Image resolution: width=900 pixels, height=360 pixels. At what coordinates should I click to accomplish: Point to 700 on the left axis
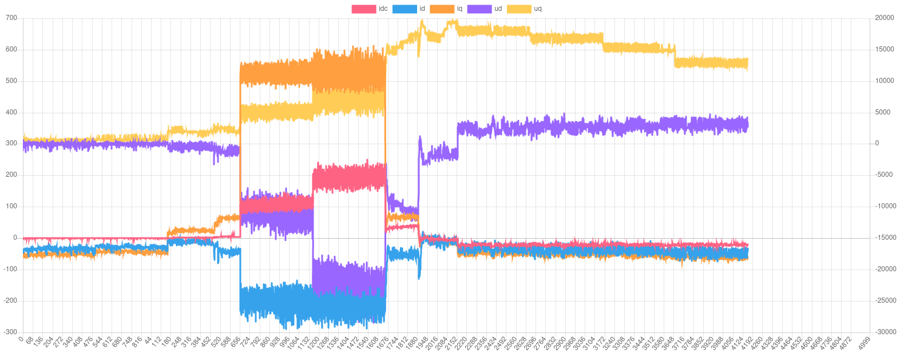[x=11, y=18]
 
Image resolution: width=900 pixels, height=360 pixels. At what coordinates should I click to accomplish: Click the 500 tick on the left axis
[x=11, y=81]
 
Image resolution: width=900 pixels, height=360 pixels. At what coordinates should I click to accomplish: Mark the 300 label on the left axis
[x=11, y=143]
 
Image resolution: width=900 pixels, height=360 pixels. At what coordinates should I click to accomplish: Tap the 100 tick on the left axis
[x=11, y=206]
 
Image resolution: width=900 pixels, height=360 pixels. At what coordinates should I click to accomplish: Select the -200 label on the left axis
[x=10, y=300]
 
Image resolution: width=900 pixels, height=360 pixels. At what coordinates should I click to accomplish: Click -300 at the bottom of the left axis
[x=10, y=332]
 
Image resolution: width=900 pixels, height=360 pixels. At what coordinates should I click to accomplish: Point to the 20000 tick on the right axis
[x=885, y=18]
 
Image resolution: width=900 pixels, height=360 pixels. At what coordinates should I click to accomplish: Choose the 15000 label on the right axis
[x=885, y=49]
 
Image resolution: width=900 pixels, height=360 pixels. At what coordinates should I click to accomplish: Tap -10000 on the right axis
[x=884, y=206]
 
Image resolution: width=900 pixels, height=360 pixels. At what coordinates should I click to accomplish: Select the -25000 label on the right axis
[x=884, y=300]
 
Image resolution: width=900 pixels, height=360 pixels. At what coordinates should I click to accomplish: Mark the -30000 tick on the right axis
[x=884, y=332]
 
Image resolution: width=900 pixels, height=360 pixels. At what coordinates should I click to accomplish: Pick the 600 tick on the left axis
[x=11, y=49]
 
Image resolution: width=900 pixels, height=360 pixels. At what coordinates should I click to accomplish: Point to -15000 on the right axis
[x=884, y=238]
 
